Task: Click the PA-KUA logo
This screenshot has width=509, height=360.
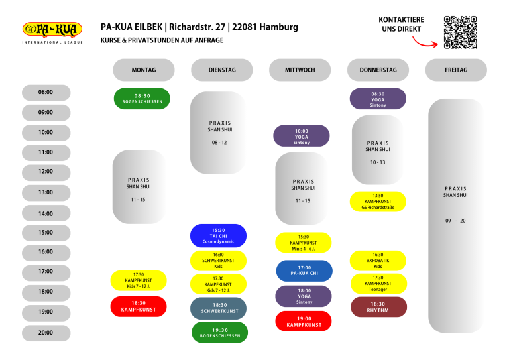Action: [52, 32]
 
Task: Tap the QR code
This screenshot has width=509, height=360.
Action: [461, 32]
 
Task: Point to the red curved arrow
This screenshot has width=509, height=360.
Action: [425, 42]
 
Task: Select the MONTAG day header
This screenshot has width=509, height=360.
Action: [144, 70]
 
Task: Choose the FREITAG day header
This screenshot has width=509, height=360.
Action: [456, 70]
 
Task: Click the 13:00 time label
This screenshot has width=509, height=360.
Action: [46, 192]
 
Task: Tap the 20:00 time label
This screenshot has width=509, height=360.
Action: [46, 333]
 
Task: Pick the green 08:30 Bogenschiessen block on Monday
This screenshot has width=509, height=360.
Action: [142, 99]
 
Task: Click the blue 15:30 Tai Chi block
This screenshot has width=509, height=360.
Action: [218, 235]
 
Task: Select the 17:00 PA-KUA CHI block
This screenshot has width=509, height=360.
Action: [304, 270]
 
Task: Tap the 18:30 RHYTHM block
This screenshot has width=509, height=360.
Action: [378, 307]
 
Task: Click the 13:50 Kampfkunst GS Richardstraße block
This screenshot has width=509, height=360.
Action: [378, 202]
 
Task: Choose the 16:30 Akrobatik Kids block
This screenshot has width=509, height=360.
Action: [378, 261]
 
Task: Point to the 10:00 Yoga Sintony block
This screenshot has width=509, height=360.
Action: [302, 136]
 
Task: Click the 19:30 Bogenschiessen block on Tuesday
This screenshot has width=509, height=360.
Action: [220, 332]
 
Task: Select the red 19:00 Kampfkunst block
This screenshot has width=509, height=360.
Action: [304, 322]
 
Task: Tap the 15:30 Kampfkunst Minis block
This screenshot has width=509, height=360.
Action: [304, 243]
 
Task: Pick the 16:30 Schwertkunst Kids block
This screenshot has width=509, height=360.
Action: [218, 261]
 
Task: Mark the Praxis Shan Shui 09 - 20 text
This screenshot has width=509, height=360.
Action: [455, 204]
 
